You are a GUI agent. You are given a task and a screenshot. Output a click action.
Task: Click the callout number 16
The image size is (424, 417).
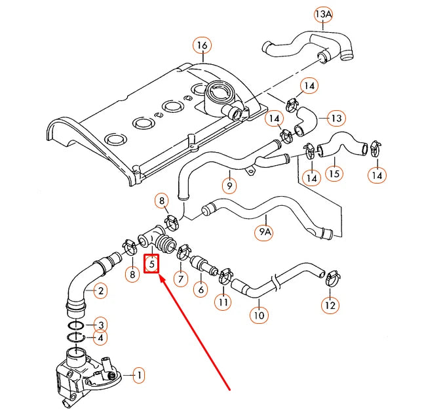pyautogui.click(x=202, y=45)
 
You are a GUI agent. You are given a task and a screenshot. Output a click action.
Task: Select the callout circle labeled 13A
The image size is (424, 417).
pyautogui.click(x=324, y=14)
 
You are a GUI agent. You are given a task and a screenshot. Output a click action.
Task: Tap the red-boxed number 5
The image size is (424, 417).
pyautogui.click(x=152, y=264)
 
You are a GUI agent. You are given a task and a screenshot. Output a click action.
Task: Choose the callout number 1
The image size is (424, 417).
pyautogui.click(x=138, y=376)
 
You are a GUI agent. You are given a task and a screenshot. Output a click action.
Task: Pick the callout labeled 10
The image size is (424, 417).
pyautogui.click(x=259, y=315)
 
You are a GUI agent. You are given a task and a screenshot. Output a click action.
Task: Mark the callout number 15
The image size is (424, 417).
pyautogui.click(x=334, y=175)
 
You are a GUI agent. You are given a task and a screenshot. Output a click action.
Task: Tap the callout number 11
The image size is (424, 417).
pyautogui.click(x=224, y=303)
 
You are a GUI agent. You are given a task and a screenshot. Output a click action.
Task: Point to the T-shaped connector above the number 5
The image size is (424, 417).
pyautogui.click(x=153, y=238)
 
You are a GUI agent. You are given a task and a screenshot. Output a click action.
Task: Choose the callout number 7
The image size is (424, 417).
pyautogui.click(x=180, y=279)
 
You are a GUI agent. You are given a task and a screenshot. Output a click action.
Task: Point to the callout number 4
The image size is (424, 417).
pyautogui.click(x=100, y=338)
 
